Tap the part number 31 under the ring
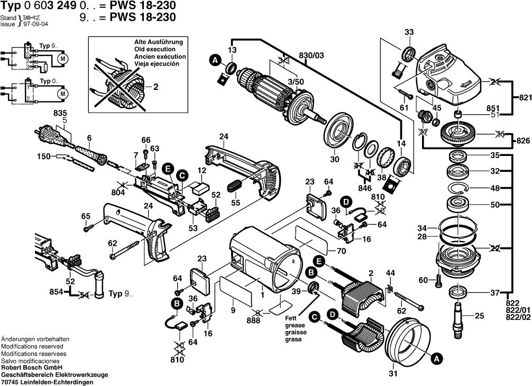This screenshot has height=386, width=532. [x=392, y=374]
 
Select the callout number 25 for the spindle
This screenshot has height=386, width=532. [x=480, y=317]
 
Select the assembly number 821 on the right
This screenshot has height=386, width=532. [x=523, y=98]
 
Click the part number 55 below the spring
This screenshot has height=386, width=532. [x=235, y=203]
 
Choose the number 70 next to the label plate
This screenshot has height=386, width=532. [x=341, y=250]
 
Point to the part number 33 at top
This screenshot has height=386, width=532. [x=409, y=33]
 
